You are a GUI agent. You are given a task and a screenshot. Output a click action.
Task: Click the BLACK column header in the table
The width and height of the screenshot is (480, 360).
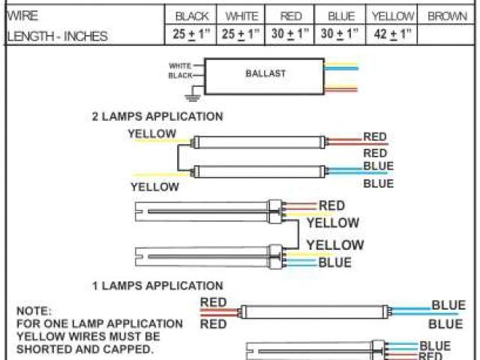192,16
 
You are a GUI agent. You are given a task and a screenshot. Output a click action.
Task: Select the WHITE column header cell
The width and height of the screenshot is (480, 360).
241,16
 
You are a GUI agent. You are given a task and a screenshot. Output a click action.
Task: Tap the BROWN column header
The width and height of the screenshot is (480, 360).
447,16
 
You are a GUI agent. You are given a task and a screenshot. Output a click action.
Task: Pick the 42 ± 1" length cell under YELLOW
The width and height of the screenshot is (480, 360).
392,34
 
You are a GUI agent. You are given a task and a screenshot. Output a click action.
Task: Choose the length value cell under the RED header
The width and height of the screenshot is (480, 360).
290,34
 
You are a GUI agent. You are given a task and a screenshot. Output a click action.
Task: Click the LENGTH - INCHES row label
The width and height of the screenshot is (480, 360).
56,35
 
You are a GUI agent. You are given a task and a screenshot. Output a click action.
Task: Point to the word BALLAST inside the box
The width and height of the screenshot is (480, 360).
265,74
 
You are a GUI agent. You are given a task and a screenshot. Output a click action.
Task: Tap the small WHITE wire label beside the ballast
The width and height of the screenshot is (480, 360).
179,65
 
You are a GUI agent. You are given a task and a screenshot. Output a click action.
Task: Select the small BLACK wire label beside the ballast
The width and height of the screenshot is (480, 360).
179,76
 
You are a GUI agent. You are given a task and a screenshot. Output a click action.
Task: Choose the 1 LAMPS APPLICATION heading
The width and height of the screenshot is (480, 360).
157,286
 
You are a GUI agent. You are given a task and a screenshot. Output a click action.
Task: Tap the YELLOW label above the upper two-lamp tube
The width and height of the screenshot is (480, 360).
152,134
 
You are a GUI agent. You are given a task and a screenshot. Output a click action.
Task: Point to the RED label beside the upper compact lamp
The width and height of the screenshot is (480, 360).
331,205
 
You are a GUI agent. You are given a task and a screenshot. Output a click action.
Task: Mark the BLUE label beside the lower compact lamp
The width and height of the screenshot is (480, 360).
334,262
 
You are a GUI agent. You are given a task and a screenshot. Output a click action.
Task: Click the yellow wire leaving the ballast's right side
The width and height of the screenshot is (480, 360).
345,64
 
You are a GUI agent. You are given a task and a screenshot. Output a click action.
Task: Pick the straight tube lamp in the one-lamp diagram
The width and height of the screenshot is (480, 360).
315,310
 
